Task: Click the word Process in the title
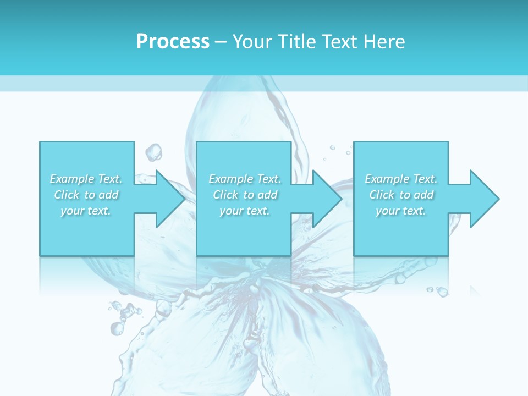(x=173, y=42)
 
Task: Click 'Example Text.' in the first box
(x=86, y=179)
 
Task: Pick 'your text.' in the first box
(x=86, y=211)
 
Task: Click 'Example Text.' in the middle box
(x=245, y=179)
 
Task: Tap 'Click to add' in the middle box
(x=245, y=195)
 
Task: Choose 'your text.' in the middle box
(x=245, y=211)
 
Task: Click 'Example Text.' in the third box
(x=401, y=179)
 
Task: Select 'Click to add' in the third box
(x=401, y=195)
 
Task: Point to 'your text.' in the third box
(x=401, y=211)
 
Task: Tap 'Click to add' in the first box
(x=86, y=195)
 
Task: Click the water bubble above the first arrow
(x=154, y=151)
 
